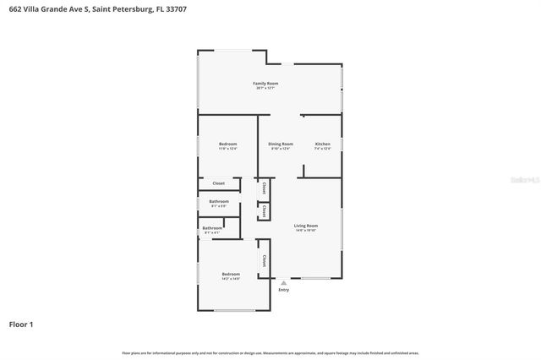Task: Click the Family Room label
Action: [x=265, y=84]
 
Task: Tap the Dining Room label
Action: [x=281, y=144]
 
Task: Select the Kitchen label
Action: [x=322, y=144]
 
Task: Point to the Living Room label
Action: [x=305, y=226]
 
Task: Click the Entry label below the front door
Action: [x=283, y=290]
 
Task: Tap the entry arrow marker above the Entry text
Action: [x=283, y=283]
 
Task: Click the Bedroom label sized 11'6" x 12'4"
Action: [x=227, y=144]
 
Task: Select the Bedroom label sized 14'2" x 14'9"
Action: [x=231, y=274]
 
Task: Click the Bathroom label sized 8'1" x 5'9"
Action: [x=219, y=201]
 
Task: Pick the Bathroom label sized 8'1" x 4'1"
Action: [x=212, y=227]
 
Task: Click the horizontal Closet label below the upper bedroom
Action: [x=218, y=183]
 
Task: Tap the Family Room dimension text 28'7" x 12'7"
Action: [x=265, y=88]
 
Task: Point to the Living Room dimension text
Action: [x=305, y=231]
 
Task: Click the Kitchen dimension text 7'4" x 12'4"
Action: [x=322, y=149]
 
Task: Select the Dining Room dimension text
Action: [x=281, y=149]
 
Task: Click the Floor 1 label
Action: [x=21, y=324]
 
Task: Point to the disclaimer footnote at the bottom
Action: [x=270, y=352]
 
